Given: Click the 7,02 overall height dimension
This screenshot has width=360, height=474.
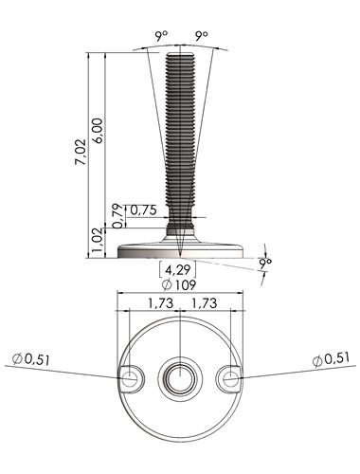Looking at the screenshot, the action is (81, 152).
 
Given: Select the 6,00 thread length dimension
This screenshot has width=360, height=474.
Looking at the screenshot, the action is (98, 131).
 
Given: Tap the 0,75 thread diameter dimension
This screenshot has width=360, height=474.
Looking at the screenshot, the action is (143, 210).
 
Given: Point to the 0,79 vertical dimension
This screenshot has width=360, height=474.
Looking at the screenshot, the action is (117, 216).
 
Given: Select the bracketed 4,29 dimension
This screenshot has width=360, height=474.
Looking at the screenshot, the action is (178, 269).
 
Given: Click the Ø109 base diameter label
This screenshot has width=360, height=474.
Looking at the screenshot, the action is (179, 284).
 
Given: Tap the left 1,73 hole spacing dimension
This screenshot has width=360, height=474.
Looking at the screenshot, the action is (161, 303).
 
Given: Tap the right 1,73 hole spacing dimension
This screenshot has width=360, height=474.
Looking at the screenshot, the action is (205, 303).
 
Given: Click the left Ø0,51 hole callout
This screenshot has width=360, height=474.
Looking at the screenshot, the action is (31, 359).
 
